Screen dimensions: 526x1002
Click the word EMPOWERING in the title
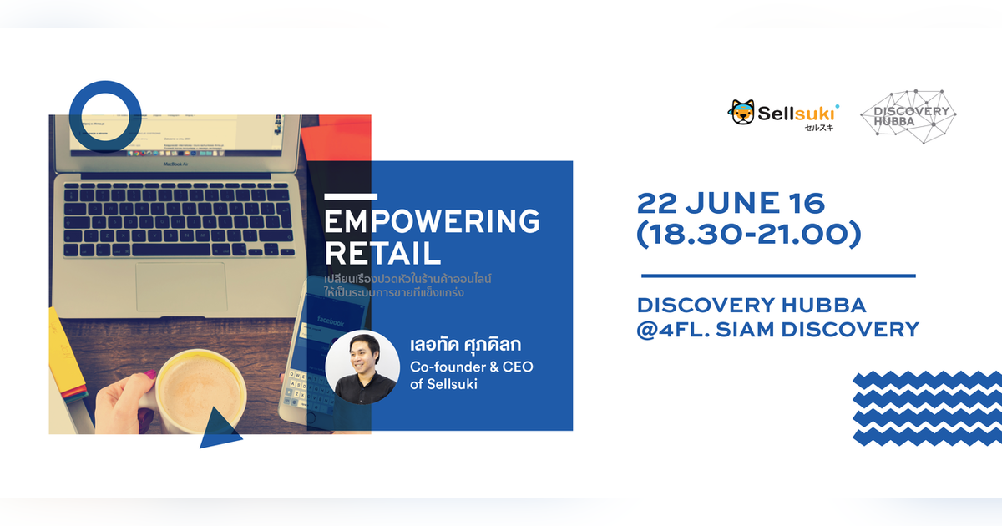[x=431, y=222]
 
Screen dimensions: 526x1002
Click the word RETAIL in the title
[x=382, y=253]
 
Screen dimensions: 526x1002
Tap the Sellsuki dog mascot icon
[x=742, y=112]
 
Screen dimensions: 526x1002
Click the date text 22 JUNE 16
[x=731, y=203]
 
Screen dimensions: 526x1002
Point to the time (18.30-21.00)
[x=748, y=235]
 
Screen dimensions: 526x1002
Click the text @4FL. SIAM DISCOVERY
[x=777, y=330]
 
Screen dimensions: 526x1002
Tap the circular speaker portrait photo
[x=361, y=367]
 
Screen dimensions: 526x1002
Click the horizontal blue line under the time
[x=777, y=276]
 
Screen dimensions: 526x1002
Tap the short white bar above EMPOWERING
[x=346, y=197]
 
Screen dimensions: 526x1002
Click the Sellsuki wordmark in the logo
[x=797, y=112]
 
